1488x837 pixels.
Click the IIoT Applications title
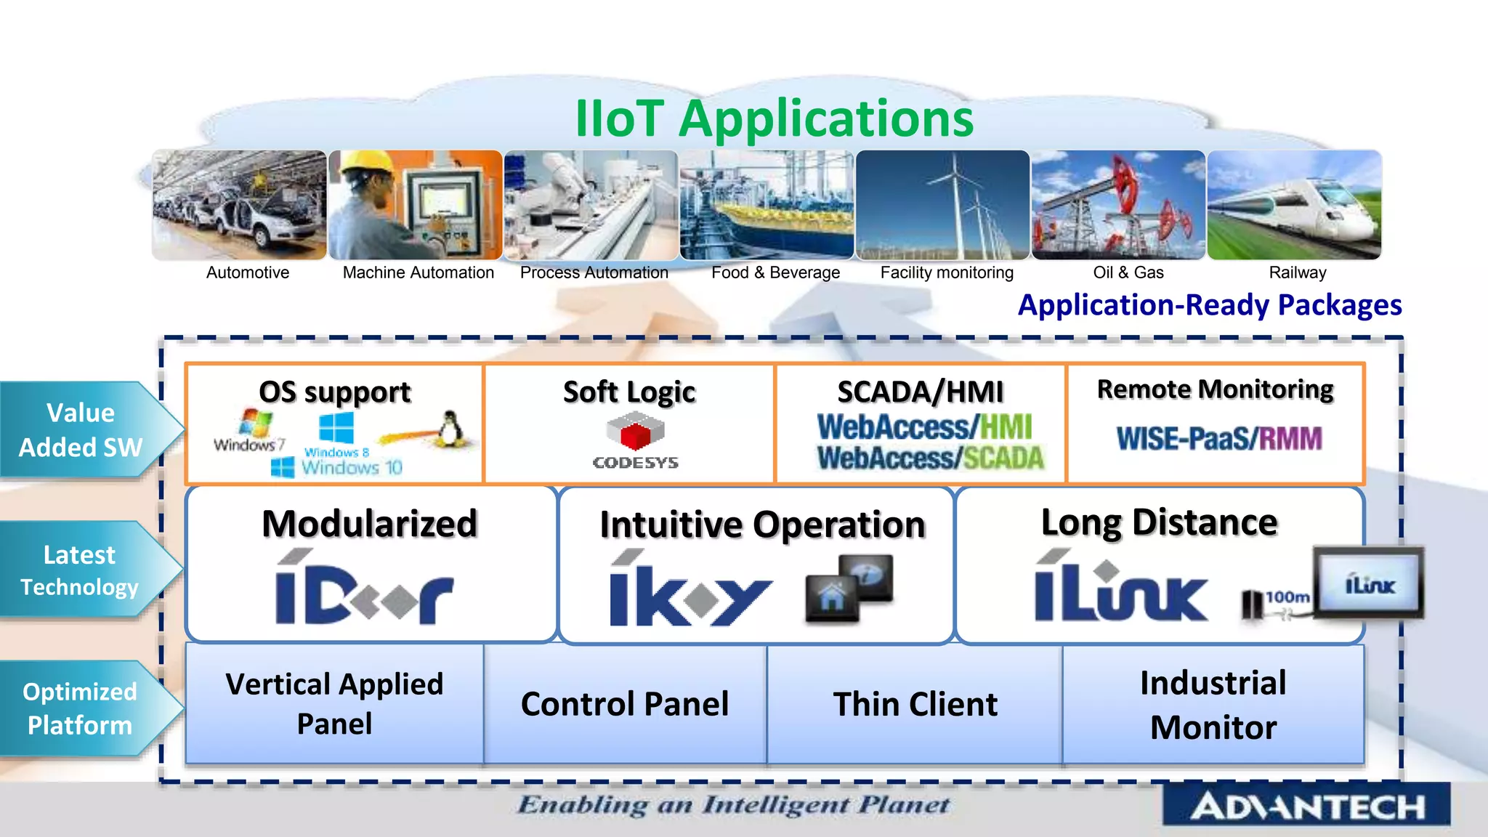point(774,118)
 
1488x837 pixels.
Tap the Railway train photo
point(1294,205)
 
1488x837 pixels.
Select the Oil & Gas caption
point(1128,272)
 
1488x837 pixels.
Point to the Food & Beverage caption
point(775,272)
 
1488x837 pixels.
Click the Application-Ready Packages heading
point(1210,305)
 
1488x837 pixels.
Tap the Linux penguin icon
point(450,429)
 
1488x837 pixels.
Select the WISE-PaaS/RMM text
point(1218,439)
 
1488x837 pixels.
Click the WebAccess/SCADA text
point(929,458)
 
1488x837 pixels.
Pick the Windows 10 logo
point(336,467)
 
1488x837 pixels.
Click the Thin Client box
point(915,704)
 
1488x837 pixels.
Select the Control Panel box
point(625,704)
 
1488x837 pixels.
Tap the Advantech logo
point(1306,805)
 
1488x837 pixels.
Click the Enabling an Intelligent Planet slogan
point(733,805)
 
